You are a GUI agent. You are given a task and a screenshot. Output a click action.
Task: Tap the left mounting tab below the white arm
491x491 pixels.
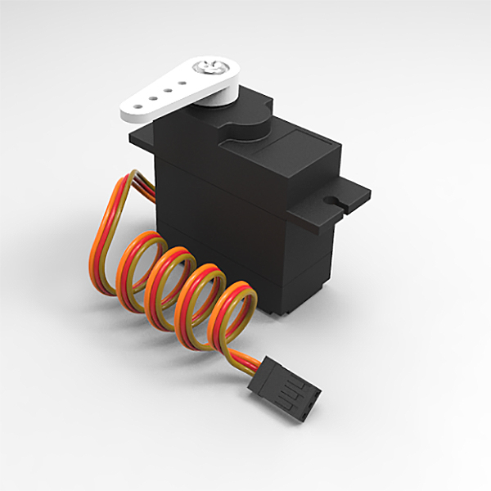coord(146,137)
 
